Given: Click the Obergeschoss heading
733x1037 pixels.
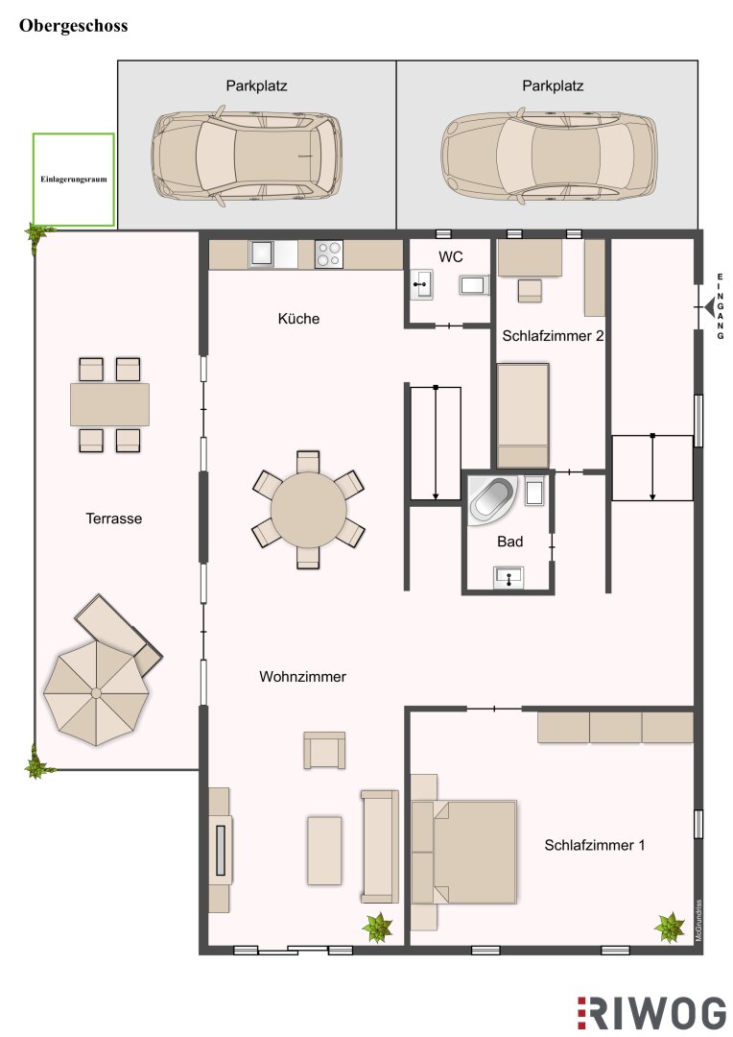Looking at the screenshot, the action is coord(73,26).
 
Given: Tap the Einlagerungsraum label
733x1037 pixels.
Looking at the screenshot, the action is coord(73,179).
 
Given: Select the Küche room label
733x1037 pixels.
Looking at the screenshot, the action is coord(298,319).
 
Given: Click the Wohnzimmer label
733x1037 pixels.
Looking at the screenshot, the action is coord(303,677).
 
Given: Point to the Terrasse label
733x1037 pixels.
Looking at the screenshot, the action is coord(113,518).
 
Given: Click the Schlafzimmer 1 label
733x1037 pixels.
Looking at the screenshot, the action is coord(594,845).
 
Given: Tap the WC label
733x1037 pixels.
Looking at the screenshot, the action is coord(450,256).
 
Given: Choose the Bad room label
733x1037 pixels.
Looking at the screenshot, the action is coord(509,542).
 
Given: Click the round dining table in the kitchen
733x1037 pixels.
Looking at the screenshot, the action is coord(309,509).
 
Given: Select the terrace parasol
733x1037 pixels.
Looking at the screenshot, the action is coord(97,692).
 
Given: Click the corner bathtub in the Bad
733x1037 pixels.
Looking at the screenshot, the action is coord(492,500).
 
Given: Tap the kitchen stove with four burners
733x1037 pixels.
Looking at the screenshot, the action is coord(328,254).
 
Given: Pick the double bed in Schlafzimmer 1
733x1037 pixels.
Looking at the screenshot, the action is coord(463,852).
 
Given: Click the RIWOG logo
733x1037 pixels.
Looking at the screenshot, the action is coord(651,1013).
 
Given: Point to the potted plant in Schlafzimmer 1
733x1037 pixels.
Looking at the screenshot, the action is coord(670,928).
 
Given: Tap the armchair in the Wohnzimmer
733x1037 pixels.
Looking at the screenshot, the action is coord(324,750).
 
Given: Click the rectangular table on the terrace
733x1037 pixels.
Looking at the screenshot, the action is coord(109,404).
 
